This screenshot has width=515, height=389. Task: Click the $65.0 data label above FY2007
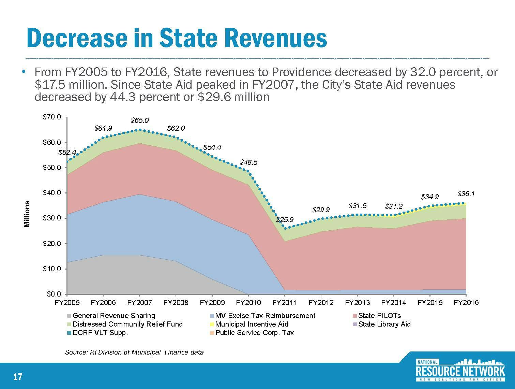point(140,120)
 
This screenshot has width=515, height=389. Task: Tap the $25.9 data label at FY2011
point(285,220)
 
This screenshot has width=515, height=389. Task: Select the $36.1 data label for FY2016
point(466,194)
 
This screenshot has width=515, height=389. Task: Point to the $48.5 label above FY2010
point(248,162)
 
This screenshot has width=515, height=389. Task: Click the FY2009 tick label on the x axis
point(212,303)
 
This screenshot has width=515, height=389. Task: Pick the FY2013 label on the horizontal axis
point(357,303)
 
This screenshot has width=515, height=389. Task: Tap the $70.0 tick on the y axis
point(52,117)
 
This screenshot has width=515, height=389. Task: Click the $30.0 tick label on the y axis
point(52,218)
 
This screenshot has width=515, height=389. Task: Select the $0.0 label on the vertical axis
point(53,294)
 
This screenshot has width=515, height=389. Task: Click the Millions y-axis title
point(27,214)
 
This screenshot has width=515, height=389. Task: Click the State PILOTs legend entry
point(379,316)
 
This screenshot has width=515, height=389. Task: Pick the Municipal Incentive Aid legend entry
point(252,324)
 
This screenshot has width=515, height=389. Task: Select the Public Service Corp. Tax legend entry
point(254,333)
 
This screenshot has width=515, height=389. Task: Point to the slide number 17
point(18,377)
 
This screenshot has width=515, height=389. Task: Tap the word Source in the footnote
point(76,352)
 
